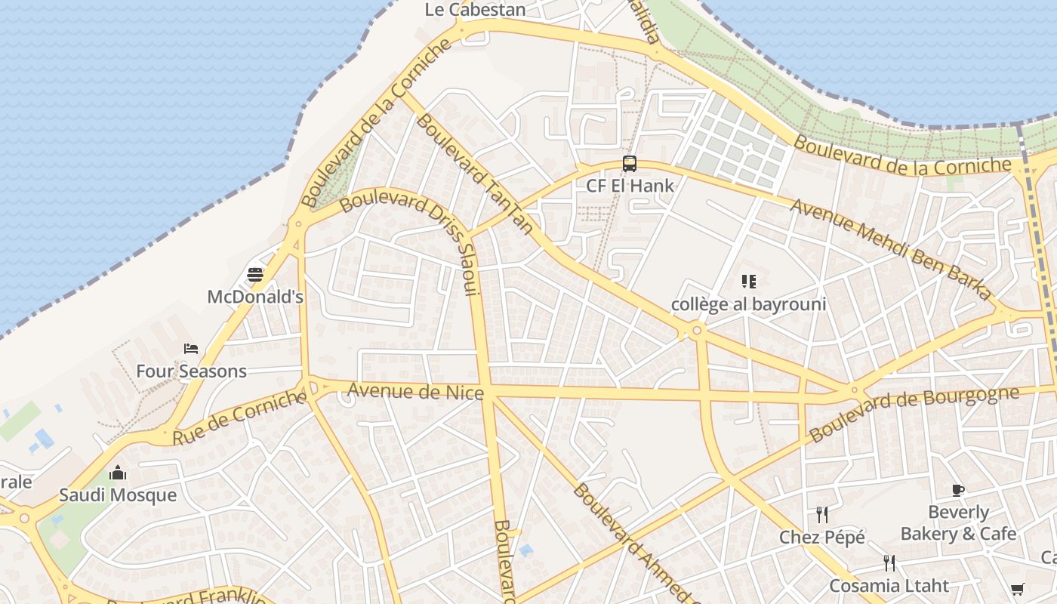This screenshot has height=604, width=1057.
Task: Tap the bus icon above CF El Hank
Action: click(x=629, y=163)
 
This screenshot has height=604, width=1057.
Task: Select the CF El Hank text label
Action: click(x=630, y=185)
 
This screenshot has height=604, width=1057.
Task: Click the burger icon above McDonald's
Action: click(x=255, y=275)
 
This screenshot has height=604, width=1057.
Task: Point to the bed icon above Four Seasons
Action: click(x=191, y=349)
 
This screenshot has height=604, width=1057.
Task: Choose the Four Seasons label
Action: click(x=191, y=371)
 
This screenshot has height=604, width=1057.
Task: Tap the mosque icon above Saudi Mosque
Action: click(x=118, y=473)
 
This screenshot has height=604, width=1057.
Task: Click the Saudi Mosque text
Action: click(x=118, y=495)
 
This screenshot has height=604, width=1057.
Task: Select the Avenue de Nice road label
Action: click(x=415, y=391)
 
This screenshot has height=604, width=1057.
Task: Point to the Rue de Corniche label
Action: click(x=240, y=418)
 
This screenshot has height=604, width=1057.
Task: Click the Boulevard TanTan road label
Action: click(x=474, y=174)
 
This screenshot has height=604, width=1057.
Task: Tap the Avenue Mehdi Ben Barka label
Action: click(x=891, y=248)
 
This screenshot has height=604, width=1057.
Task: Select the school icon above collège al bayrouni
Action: click(x=748, y=282)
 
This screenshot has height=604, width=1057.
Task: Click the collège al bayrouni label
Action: click(x=748, y=304)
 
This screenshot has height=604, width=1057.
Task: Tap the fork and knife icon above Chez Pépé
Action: click(x=822, y=515)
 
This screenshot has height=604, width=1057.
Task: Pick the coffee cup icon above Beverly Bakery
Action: click(x=958, y=490)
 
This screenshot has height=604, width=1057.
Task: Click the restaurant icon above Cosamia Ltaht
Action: click(x=889, y=563)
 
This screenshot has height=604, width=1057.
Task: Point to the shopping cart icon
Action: click(x=1017, y=589)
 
